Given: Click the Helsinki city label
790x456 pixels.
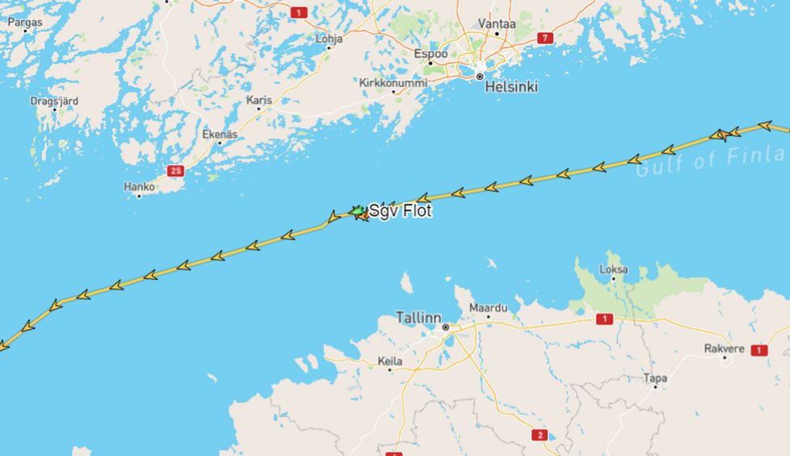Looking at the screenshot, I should (x=511, y=87).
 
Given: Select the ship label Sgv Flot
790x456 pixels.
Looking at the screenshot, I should (x=401, y=211).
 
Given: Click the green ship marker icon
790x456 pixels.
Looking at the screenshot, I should (x=356, y=211).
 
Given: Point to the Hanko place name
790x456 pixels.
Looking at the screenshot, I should (x=139, y=187).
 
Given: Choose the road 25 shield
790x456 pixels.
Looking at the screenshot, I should (x=176, y=171).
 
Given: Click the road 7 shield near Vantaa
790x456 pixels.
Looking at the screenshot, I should (x=545, y=38).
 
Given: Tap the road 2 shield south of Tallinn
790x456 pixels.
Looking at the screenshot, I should (x=540, y=435).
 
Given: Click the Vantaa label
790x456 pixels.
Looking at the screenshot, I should (x=497, y=23).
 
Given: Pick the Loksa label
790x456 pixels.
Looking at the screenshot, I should (x=614, y=269).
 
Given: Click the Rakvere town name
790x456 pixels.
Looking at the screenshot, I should (x=724, y=348).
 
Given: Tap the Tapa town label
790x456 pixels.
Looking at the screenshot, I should (x=655, y=378).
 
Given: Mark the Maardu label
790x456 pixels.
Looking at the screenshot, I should (x=489, y=308).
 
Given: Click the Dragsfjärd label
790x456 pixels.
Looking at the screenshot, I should (x=54, y=101).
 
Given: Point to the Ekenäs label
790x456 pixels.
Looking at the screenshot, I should (x=220, y=134).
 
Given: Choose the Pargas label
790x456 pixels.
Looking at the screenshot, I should (x=24, y=22).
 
